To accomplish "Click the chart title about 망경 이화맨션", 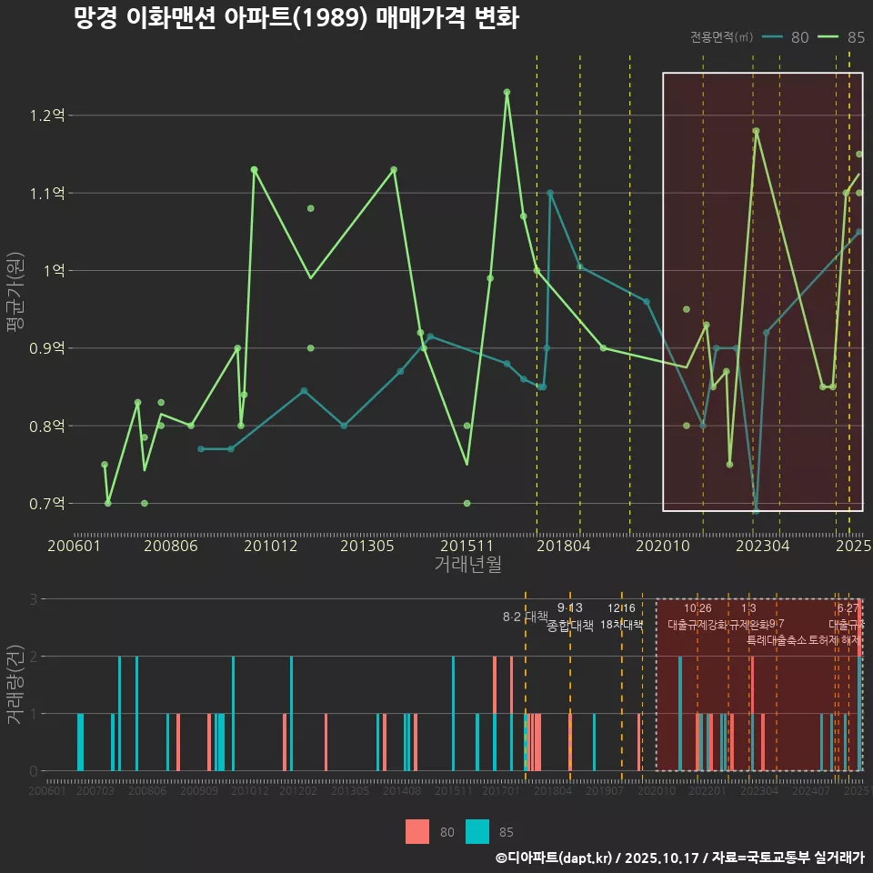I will click(296, 19).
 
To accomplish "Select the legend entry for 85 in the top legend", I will click(841, 37).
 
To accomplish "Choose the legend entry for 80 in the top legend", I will click(787, 37).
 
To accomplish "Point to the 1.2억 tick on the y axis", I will click(47, 115).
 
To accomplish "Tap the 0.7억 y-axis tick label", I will click(47, 503).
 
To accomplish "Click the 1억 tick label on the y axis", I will click(53, 271).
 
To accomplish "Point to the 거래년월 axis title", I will click(467, 565).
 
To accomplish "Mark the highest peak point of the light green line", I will click(507, 92).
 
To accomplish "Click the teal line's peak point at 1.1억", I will click(550, 193).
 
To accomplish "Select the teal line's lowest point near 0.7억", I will click(756, 510).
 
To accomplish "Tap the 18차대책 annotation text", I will click(622, 625).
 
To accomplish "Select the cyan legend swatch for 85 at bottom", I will click(477, 831).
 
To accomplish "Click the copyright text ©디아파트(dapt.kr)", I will click(556, 858).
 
